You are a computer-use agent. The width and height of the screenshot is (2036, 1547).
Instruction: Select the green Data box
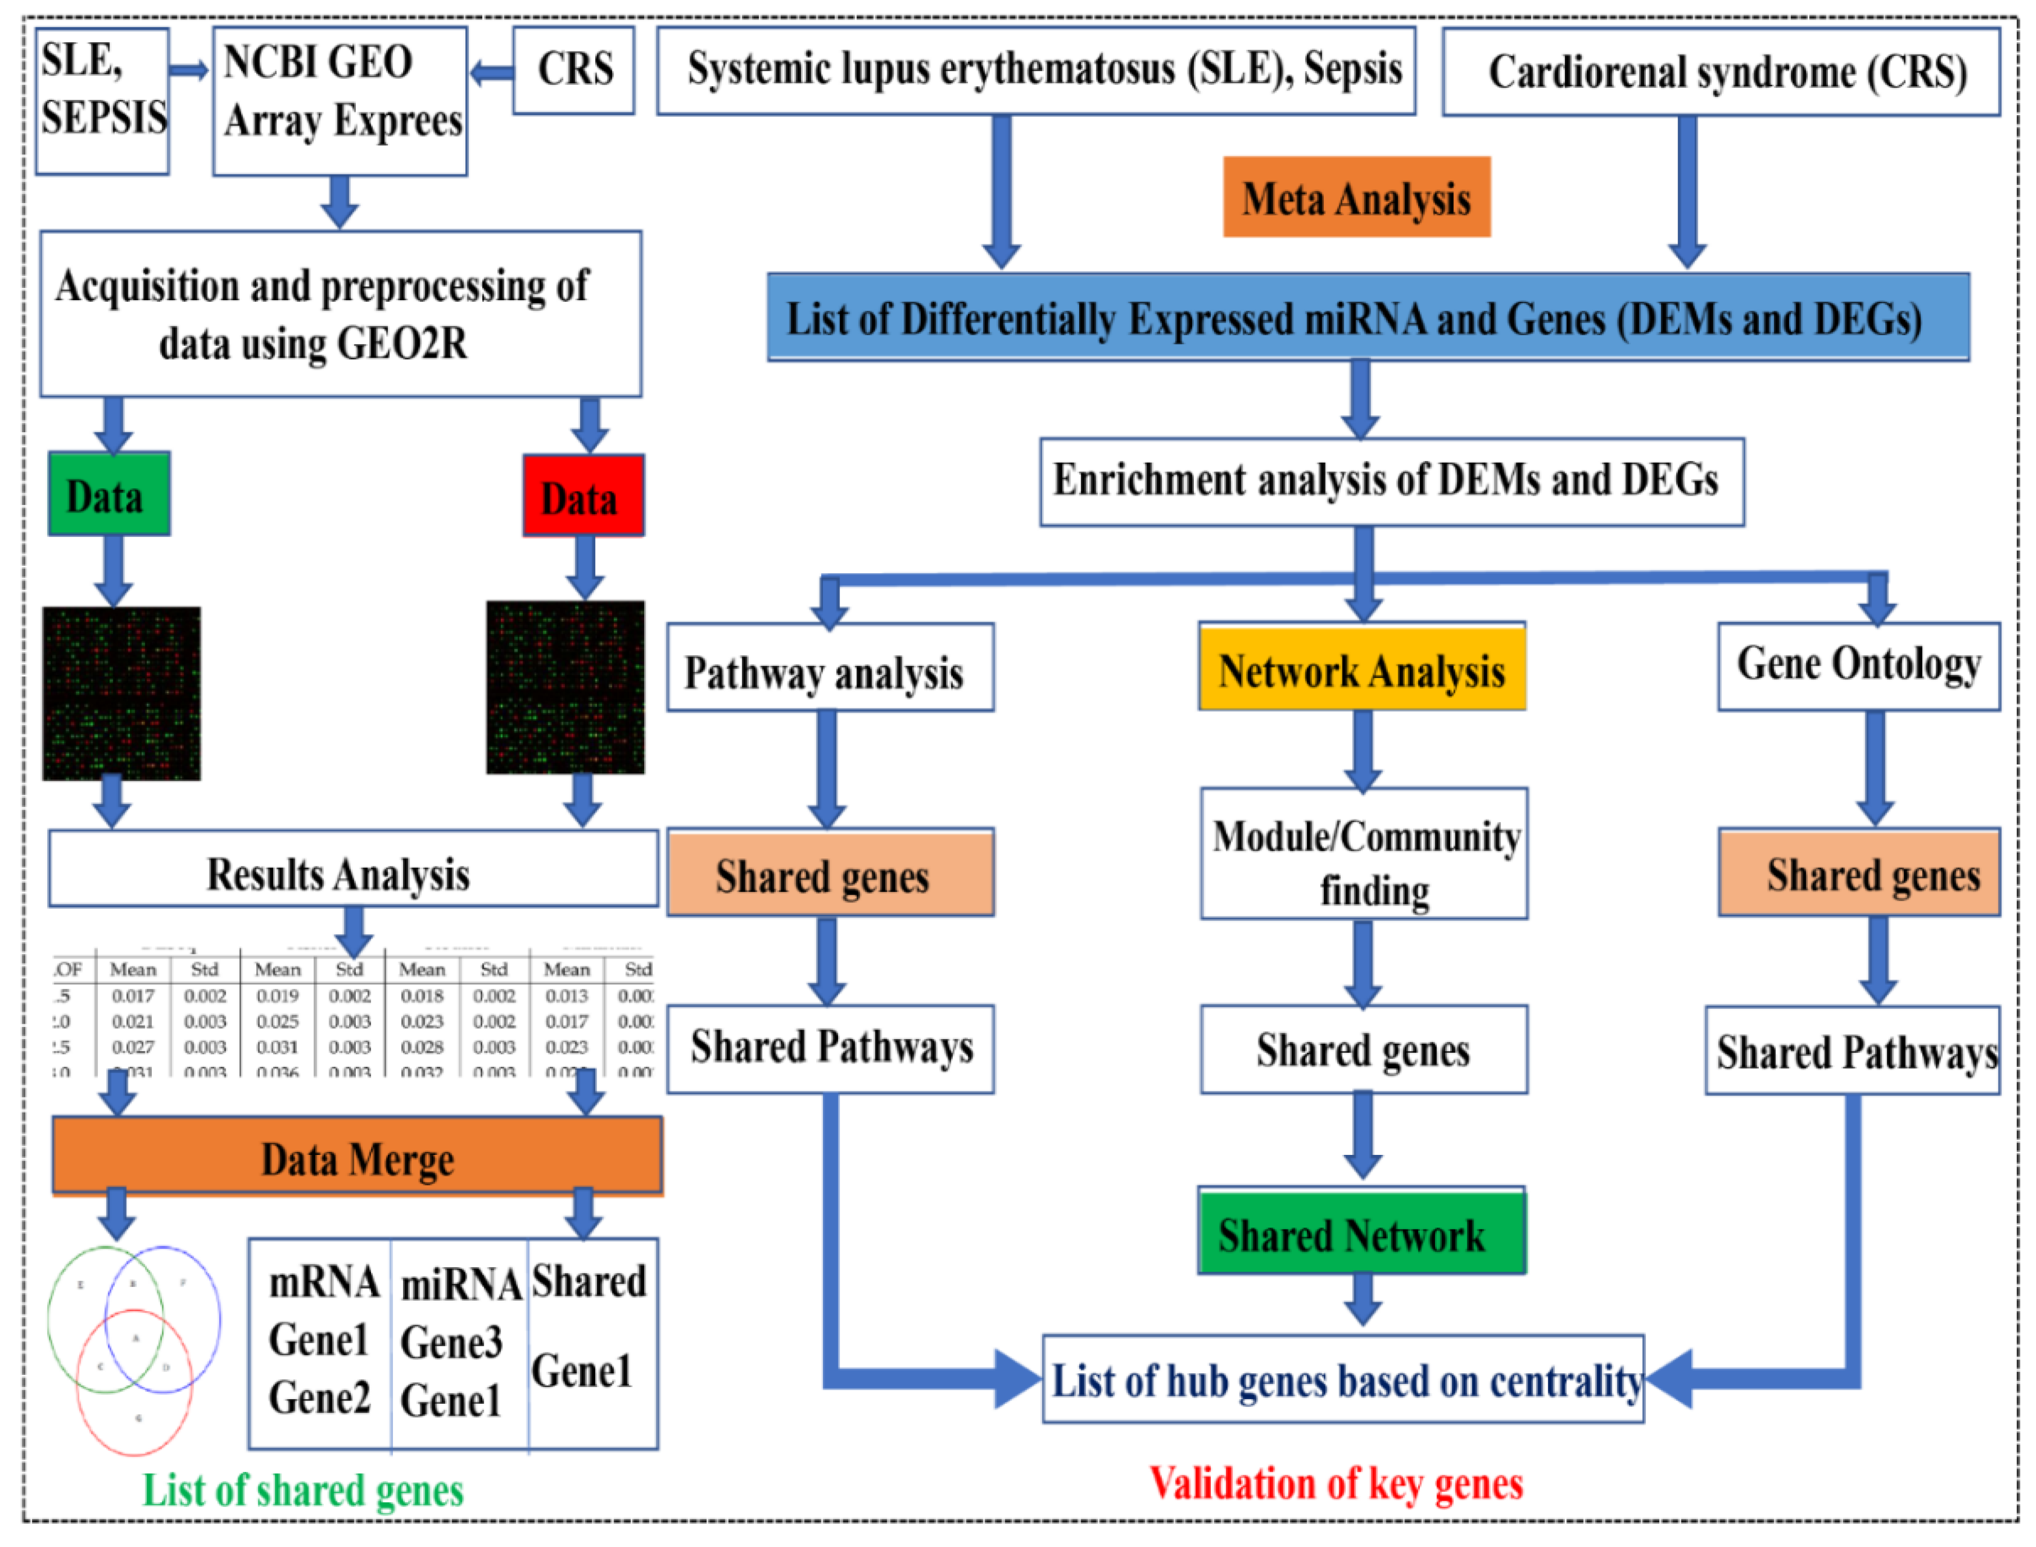[109, 495]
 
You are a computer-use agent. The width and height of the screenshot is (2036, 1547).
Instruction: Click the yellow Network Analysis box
[1361, 667]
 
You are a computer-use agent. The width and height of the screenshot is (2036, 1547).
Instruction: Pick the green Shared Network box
[1361, 1234]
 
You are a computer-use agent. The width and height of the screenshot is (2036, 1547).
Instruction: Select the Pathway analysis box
[829, 669]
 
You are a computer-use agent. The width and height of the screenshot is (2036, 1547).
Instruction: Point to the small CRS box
[574, 70]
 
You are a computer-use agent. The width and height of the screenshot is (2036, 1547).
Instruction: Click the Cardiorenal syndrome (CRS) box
[1720, 72]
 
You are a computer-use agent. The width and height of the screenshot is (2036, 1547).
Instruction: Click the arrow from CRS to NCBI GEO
[490, 72]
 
